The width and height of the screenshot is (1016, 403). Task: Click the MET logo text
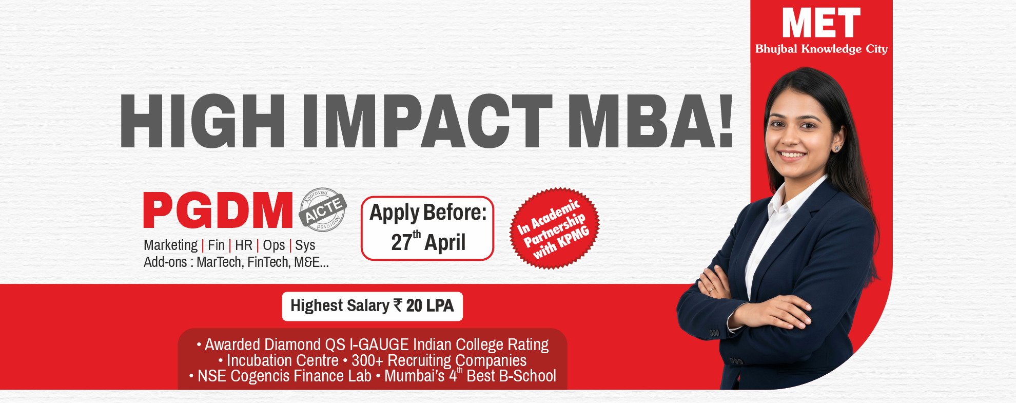[821, 24]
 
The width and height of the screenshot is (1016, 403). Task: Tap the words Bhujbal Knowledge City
[821, 49]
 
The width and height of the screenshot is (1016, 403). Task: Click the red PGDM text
[218, 210]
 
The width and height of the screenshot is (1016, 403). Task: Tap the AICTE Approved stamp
[323, 209]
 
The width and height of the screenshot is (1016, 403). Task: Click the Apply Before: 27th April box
[427, 228]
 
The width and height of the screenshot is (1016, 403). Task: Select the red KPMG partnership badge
[554, 228]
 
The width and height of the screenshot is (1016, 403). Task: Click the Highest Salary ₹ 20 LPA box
[372, 306]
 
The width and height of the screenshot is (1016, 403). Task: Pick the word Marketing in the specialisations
[170, 245]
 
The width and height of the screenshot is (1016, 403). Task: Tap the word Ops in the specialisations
[273, 245]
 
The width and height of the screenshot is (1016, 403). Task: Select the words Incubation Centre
[283, 360]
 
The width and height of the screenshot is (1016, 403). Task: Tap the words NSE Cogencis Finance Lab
[284, 376]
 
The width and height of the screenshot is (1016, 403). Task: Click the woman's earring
[837, 148]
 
